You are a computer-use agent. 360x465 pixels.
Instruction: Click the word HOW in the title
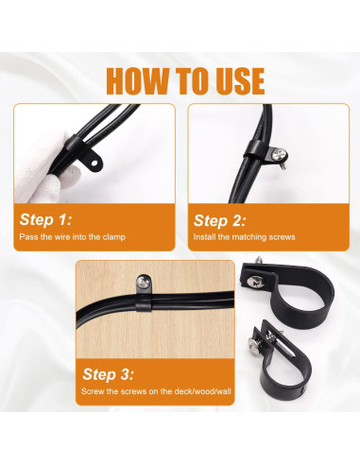click(138, 80)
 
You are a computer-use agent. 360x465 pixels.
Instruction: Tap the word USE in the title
click(231, 80)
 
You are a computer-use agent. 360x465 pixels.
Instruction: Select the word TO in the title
click(185, 80)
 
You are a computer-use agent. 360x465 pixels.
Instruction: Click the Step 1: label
click(45, 219)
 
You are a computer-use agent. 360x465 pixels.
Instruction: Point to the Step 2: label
click(220, 219)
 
